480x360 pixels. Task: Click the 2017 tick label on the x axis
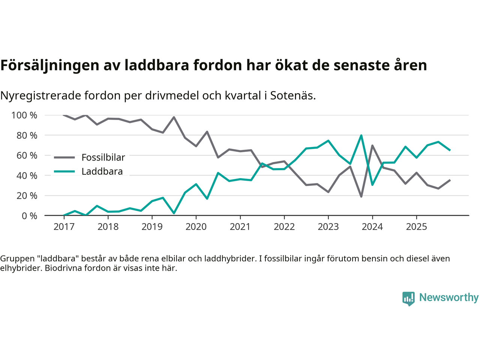click(64, 226)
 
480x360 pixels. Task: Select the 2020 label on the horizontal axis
click(196, 226)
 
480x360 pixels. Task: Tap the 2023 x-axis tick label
click(328, 226)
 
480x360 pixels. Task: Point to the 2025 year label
click(416, 226)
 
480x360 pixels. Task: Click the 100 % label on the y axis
click(24, 115)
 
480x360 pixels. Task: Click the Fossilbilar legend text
click(103, 157)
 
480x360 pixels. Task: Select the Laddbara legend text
click(102, 171)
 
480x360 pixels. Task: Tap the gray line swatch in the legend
click(64, 157)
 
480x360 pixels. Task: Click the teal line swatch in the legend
click(64, 171)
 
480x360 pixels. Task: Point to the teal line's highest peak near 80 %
click(361, 135)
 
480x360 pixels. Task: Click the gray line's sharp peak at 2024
click(372, 145)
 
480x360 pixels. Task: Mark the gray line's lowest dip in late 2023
click(361, 196)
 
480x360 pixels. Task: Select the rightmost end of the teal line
click(450, 150)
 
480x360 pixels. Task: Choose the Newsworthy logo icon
click(408, 298)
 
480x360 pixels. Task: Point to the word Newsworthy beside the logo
click(448, 297)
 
